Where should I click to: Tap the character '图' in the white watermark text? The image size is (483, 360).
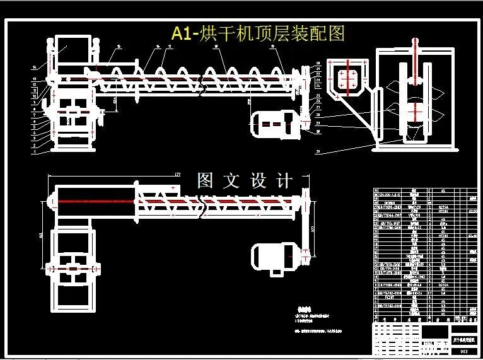click(x=206, y=181)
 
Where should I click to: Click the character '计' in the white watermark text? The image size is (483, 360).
click(x=284, y=181)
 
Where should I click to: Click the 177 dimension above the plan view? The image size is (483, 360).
click(x=177, y=173)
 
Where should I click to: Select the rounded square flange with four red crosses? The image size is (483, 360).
click(x=346, y=79)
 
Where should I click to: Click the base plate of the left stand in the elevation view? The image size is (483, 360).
click(x=74, y=150)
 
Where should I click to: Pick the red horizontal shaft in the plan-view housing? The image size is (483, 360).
click(x=95, y=201)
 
